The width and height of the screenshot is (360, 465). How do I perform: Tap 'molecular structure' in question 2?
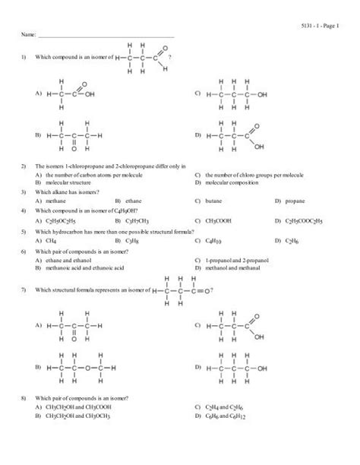68,182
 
